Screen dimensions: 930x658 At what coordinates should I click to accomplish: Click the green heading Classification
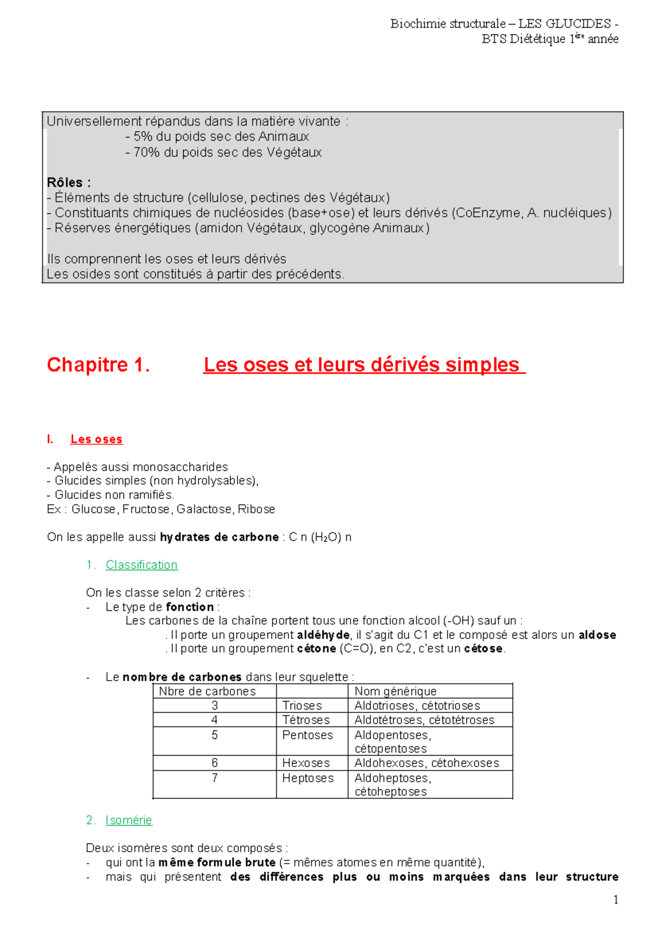pyautogui.click(x=141, y=565)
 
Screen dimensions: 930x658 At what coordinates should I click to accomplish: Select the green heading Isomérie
pyautogui.click(x=129, y=820)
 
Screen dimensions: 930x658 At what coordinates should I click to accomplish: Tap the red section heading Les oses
pyautogui.click(x=97, y=439)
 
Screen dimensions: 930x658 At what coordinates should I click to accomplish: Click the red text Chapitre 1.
pyautogui.click(x=98, y=365)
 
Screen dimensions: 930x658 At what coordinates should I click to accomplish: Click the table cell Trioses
pyautogui.click(x=302, y=706)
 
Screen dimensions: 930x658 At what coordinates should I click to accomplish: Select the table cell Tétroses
pyautogui.click(x=306, y=720)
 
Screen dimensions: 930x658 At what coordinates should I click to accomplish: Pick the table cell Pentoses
pyautogui.click(x=307, y=735)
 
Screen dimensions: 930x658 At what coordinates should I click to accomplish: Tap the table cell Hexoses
pyautogui.click(x=306, y=763)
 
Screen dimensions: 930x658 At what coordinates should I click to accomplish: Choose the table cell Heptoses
pyautogui.click(x=308, y=778)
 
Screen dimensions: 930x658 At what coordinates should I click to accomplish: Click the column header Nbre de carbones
pyautogui.click(x=207, y=691)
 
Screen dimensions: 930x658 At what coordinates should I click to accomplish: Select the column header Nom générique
pyautogui.click(x=395, y=691)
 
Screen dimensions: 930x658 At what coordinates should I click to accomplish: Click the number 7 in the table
pyautogui.click(x=215, y=778)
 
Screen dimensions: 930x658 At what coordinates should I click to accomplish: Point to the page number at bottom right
pyautogui.click(x=616, y=899)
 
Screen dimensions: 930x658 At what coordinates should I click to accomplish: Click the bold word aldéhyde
pyautogui.click(x=324, y=635)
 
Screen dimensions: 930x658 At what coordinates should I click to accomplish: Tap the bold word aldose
pyautogui.click(x=597, y=635)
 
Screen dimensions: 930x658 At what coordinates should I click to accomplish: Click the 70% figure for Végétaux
pyautogui.click(x=146, y=152)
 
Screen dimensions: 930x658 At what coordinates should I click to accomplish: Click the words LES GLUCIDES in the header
pyautogui.click(x=564, y=24)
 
